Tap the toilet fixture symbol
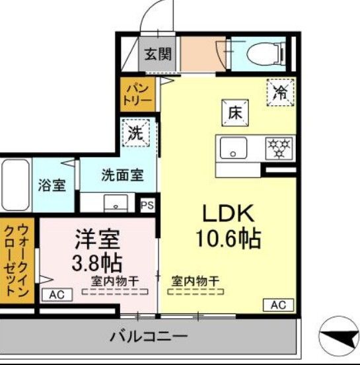(x=268, y=52)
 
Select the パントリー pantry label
(x=137, y=94)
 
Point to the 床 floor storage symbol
(x=234, y=112)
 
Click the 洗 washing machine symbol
(x=135, y=132)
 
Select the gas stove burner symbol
(x=280, y=146)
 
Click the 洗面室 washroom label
(x=122, y=175)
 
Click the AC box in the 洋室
(x=57, y=295)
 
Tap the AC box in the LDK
(x=278, y=305)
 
